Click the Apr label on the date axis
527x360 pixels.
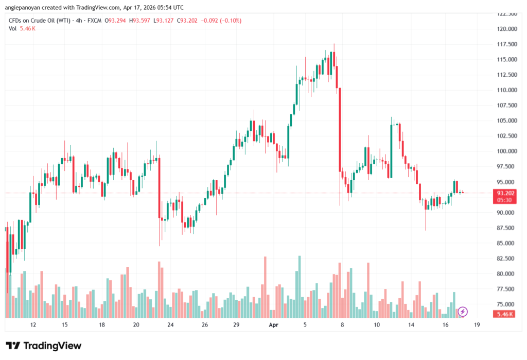point(273,325)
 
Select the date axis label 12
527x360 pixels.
point(33,325)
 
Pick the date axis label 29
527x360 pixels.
point(236,325)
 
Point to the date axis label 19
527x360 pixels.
point(478,325)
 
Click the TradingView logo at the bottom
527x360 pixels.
point(44,346)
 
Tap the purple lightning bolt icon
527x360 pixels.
point(463,311)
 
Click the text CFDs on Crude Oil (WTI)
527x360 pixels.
point(38,21)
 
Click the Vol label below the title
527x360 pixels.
point(13,28)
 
